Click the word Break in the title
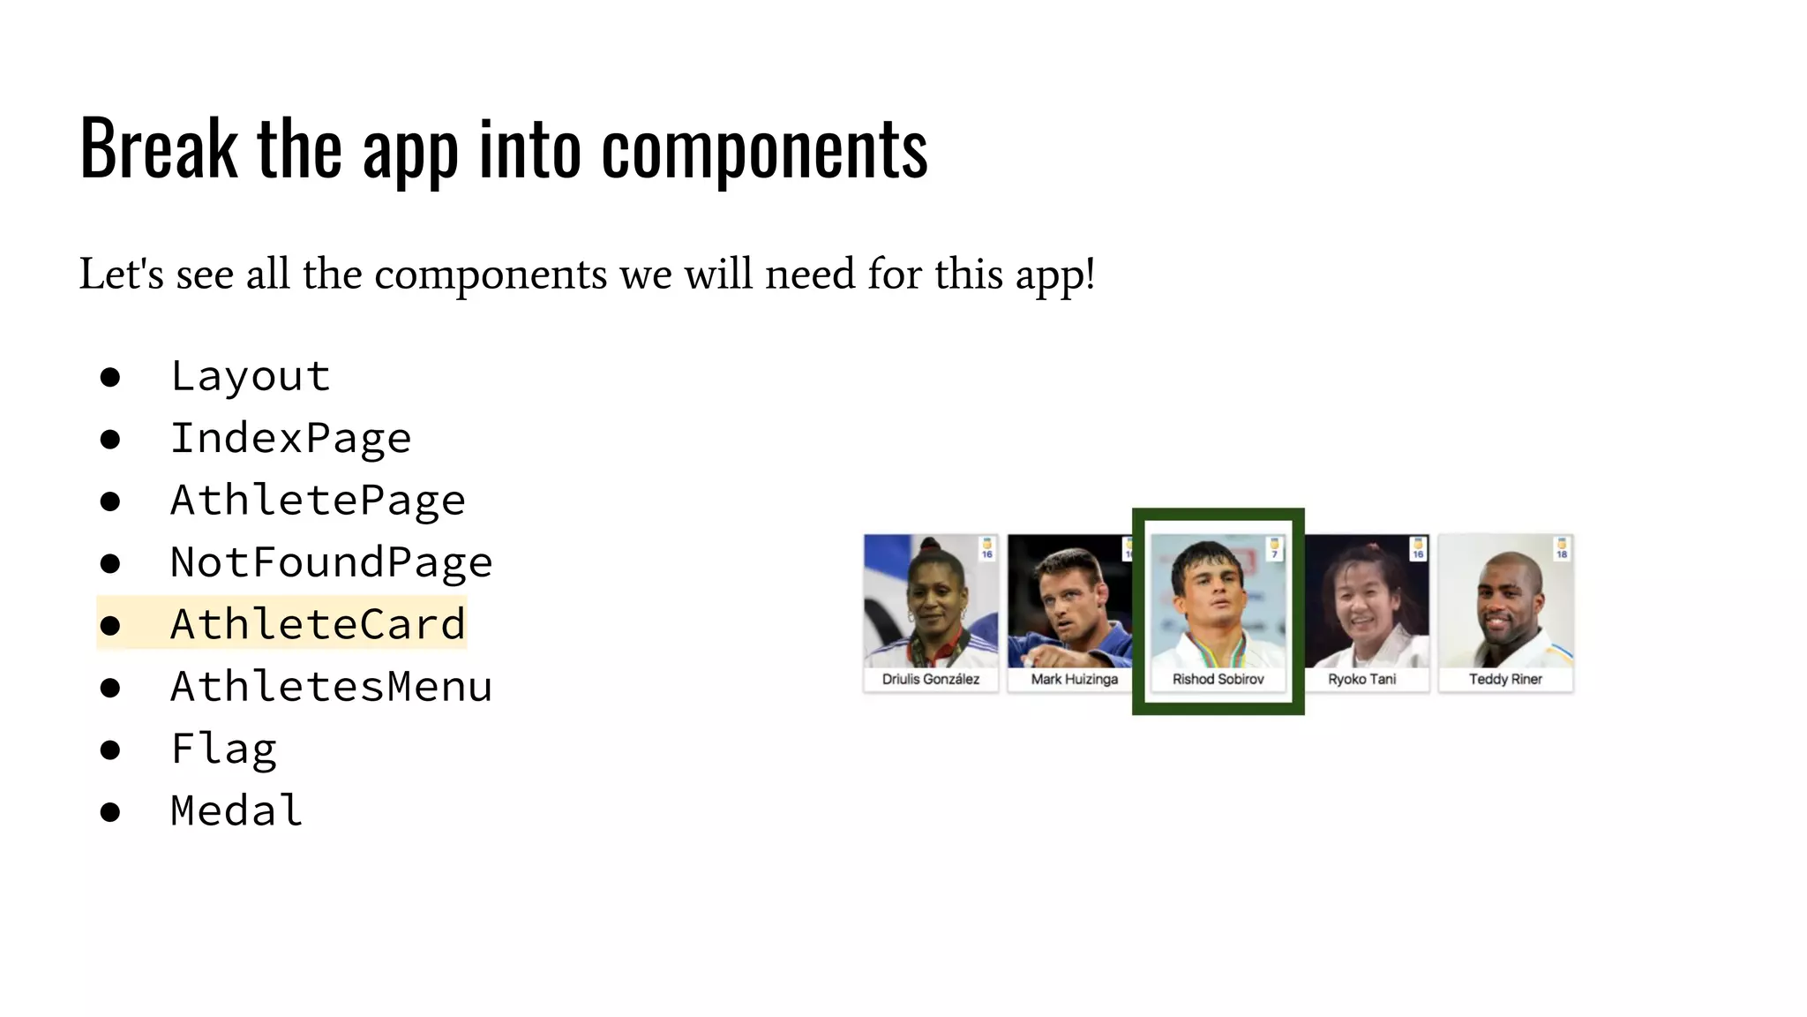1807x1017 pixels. [159, 148]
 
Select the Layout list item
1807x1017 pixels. [251, 377]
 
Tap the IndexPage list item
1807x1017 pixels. [290, 439]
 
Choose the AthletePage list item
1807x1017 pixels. [318, 501]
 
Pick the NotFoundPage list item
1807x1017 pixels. [331, 562]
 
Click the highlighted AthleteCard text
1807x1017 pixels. [318, 624]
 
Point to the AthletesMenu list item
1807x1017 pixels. [331, 687]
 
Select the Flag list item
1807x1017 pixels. [224, 750]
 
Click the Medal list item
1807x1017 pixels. [236, 810]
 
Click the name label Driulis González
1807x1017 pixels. [931, 679]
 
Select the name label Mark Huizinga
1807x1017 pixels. [1074, 679]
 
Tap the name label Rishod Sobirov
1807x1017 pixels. [1218, 679]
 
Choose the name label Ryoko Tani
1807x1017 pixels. [1361, 679]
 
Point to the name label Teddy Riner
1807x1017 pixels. [1505, 679]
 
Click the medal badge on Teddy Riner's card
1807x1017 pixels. [1562, 548]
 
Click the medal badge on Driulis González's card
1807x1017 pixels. [987, 548]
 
